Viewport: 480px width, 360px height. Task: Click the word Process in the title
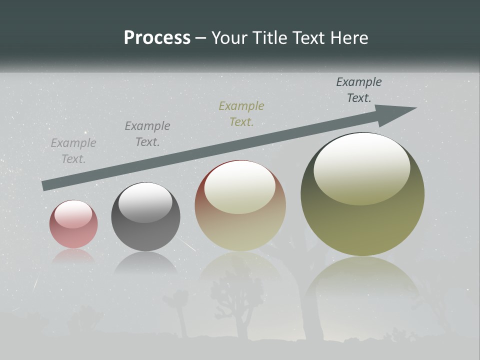click(x=157, y=38)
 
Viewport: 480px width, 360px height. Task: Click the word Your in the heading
click(x=230, y=38)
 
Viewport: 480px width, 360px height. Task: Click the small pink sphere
click(x=73, y=224)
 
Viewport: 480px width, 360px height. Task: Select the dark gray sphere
click(x=145, y=217)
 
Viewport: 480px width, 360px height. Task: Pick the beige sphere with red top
click(x=240, y=206)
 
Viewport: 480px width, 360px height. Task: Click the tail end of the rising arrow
click(x=45, y=185)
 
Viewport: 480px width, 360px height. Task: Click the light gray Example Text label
click(x=73, y=151)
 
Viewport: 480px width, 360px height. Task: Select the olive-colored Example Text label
click(x=241, y=114)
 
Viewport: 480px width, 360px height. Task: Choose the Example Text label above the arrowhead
click(x=359, y=90)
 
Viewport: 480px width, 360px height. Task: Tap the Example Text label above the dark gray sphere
click(x=147, y=134)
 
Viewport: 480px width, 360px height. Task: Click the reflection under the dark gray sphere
click(x=145, y=262)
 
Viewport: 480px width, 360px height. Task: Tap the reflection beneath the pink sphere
click(x=73, y=256)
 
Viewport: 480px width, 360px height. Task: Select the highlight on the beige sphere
click(x=240, y=187)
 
